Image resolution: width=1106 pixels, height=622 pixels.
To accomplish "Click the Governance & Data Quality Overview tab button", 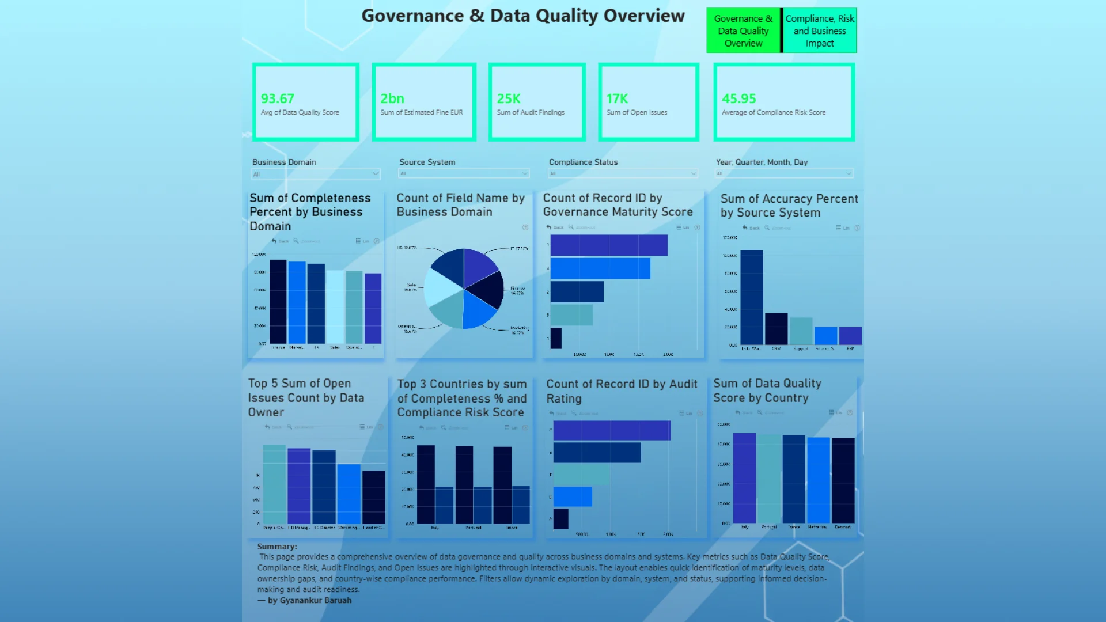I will [743, 31].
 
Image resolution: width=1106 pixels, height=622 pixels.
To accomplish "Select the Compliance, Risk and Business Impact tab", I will [820, 31].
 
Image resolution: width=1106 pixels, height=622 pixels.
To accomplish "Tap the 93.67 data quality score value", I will [278, 98].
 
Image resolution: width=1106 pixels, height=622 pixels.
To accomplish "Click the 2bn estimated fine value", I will [392, 98].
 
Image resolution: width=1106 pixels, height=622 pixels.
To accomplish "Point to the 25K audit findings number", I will [509, 98].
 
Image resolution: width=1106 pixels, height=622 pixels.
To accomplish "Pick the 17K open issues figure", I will [617, 98].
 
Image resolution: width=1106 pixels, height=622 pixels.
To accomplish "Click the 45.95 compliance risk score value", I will [738, 98].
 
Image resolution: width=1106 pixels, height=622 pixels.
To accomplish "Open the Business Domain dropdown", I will [316, 174].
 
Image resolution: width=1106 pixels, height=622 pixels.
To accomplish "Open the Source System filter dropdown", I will [464, 173].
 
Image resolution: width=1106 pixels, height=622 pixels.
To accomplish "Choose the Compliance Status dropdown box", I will [623, 173].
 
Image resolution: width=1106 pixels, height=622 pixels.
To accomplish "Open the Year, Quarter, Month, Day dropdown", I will [784, 173].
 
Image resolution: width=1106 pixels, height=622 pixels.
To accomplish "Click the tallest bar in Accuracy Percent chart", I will [751, 297].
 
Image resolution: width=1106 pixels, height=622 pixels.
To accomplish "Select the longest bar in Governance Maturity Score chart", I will [609, 245].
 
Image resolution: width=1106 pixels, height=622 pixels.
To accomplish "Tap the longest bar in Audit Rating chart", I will [612, 431].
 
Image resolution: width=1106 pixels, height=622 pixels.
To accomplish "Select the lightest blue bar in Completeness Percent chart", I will [335, 306].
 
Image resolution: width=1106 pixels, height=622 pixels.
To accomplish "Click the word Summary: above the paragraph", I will [277, 547].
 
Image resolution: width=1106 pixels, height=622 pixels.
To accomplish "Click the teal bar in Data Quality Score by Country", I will [768, 479].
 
